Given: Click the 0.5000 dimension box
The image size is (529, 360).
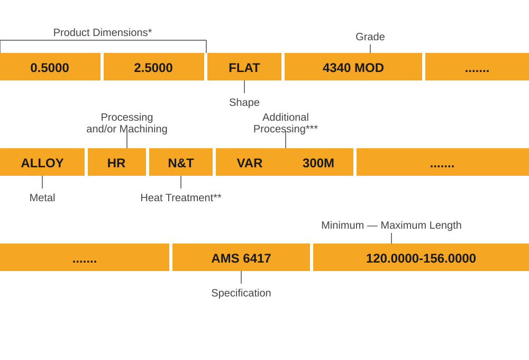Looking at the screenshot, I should tap(50, 67).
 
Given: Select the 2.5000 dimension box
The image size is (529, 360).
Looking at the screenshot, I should tap(153, 67).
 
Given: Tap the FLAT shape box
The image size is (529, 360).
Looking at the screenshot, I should tap(244, 67).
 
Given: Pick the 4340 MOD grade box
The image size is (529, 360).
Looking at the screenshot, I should tap(353, 67).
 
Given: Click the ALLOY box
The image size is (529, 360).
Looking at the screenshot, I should tap(42, 163).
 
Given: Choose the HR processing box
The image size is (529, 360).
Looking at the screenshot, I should tap(116, 163).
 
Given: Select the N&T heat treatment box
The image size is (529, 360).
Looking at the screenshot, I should tap(181, 163).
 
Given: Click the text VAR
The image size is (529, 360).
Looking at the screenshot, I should tap(250, 163).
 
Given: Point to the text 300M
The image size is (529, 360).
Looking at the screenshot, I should tap(318, 163).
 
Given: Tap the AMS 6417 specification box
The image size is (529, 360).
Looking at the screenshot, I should tap(241, 258).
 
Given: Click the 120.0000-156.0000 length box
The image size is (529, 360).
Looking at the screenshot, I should tap(421, 258).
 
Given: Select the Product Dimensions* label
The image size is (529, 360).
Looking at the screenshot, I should tap(103, 33).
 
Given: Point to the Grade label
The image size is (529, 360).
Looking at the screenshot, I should tap(370, 37).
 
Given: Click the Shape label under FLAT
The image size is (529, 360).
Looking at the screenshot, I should tap(244, 102).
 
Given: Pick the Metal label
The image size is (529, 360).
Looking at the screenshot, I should tap(42, 197).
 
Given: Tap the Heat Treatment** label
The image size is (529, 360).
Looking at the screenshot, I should tap(180, 197).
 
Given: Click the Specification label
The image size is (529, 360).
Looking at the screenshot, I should tap(241, 293).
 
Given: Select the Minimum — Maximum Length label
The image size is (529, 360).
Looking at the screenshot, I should tap(391, 225).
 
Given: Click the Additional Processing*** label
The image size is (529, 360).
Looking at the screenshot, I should tap(286, 123).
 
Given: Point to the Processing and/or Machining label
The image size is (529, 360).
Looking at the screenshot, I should tap(127, 123).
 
